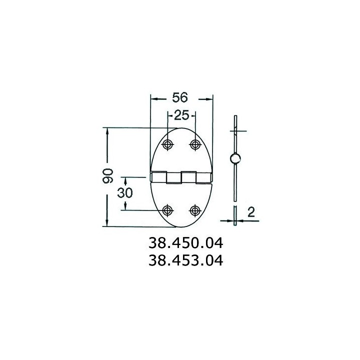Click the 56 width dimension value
pyautogui.click(x=180, y=97)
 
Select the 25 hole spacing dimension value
pyautogui.click(x=181, y=115)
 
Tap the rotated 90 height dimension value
pyautogui.click(x=107, y=176)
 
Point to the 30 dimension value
pyautogui.click(x=125, y=192)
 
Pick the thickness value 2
pyautogui.click(x=251, y=212)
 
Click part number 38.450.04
pyautogui.click(x=185, y=243)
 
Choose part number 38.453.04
pyautogui.click(x=185, y=260)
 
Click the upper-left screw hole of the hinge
pyautogui.click(x=167, y=144)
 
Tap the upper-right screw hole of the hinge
pyautogui.click(x=195, y=144)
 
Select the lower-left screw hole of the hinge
pyautogui.click(x=167, y=210)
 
